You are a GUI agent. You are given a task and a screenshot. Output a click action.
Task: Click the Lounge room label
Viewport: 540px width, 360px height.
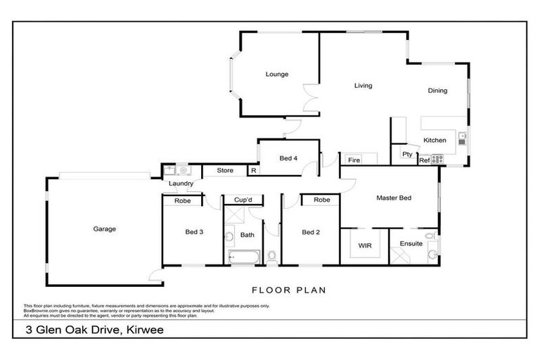pos(276,75)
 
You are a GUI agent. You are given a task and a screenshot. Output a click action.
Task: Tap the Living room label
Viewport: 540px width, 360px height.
pos(363,86)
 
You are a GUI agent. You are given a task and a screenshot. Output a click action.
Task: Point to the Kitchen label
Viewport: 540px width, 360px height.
pos(435,141)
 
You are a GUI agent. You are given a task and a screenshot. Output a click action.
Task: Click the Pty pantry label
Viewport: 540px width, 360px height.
pos(406,154)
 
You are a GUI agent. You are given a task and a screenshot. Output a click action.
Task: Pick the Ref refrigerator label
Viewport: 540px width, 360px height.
pos(424,161)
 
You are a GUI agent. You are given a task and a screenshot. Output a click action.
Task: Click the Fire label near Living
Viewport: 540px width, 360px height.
pos(353,161)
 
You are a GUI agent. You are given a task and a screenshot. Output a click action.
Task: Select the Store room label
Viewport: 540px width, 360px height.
pos(224,170)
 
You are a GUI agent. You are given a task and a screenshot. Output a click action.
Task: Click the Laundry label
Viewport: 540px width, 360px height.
pos(181,184)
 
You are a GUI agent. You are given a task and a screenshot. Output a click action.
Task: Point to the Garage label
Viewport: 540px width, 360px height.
pos(105,229)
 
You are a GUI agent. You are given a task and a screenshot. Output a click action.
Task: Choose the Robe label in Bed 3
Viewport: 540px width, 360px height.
pos(182,200)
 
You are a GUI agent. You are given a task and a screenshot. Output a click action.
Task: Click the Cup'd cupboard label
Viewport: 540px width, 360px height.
pos(243,200)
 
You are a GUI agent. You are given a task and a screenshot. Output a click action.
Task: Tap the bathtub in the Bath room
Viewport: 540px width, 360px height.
pos(243,257)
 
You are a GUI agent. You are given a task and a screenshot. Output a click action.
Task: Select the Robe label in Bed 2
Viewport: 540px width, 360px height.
pos(322,200)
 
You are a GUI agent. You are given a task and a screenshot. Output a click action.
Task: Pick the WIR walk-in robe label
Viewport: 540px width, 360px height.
pos(364,246)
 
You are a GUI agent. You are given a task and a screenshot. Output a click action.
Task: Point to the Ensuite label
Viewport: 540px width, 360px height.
pos(411,244)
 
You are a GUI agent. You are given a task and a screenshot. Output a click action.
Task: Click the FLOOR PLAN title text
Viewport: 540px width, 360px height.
pos(288,290)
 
